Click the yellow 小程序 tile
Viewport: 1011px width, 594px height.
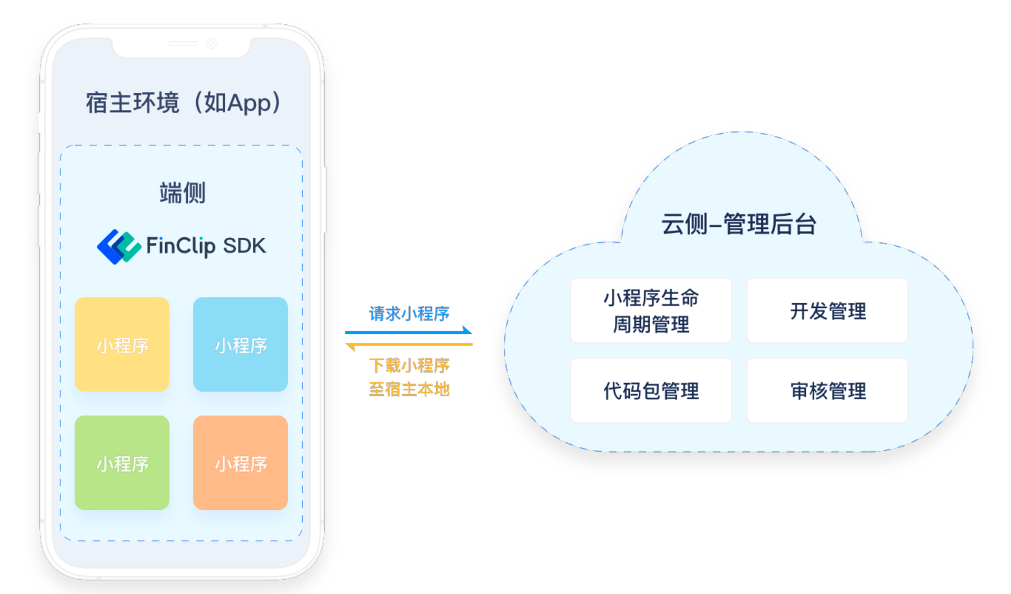click(x=122, y=344)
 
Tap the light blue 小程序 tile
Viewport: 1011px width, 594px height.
click(x=240, y=344)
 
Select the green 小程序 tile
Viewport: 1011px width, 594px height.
click(x=122, y=463)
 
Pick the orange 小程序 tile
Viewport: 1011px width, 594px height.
click(x=240, y=463)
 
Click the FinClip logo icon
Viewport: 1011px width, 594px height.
click(x=118, y=247)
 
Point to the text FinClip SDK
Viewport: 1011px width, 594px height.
click(x=206, y=246)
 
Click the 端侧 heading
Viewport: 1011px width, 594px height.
click(x=182, y=193)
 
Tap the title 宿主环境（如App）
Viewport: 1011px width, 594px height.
click(x=183, y=103)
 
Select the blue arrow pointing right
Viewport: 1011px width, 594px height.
click(x=409, y=332)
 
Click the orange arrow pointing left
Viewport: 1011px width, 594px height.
click(x=409, y=345)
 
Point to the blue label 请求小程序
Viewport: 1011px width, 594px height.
click(x=409, y=314)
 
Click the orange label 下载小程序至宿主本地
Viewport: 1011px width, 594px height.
click(x=409, y=378)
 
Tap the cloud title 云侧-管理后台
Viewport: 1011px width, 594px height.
click(x=739, y=224)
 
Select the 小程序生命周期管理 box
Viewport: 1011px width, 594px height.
click(x=651, y=311)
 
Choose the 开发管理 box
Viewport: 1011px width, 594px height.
click(x=827, y=311)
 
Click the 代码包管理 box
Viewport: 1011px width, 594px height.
click(x=651, y=391)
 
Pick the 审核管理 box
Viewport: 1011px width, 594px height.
click(x=827, y=391)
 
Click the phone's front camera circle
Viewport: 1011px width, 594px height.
click(x=211, y=43)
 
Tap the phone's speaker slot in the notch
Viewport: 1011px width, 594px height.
click(x=182, y=43)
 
